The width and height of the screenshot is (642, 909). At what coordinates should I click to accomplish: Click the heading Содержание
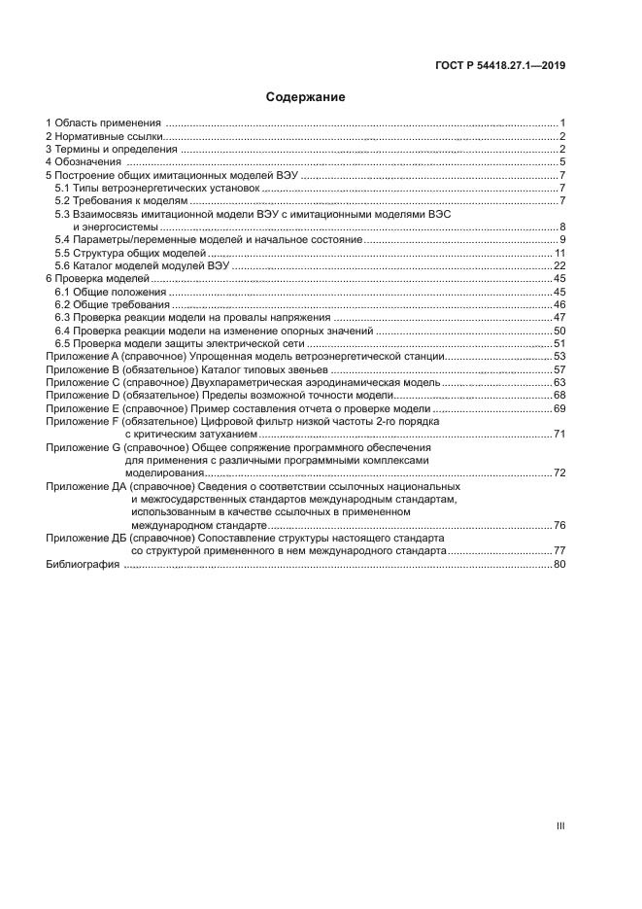click(306, 97)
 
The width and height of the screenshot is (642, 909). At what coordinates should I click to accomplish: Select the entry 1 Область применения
click(104, 122)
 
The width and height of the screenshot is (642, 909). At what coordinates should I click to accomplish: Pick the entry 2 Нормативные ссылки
click(104, 136)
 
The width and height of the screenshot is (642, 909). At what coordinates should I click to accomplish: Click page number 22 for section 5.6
click(559, 265)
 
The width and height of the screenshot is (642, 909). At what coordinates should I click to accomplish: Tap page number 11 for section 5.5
click(559, 253)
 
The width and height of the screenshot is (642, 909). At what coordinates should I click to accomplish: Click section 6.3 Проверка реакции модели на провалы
click(193, 318)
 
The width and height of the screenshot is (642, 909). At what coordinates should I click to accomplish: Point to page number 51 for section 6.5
click(559, 344)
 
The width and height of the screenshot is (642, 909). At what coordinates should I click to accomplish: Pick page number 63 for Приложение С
click(559, 383)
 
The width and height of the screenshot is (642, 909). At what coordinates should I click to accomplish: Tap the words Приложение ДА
click(85, 485)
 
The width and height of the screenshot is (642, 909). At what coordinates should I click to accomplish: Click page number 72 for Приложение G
click(559, 472)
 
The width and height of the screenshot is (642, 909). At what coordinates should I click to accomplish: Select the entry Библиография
click(83, 564)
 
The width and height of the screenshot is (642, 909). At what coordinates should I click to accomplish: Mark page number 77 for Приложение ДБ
click(559, 550)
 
